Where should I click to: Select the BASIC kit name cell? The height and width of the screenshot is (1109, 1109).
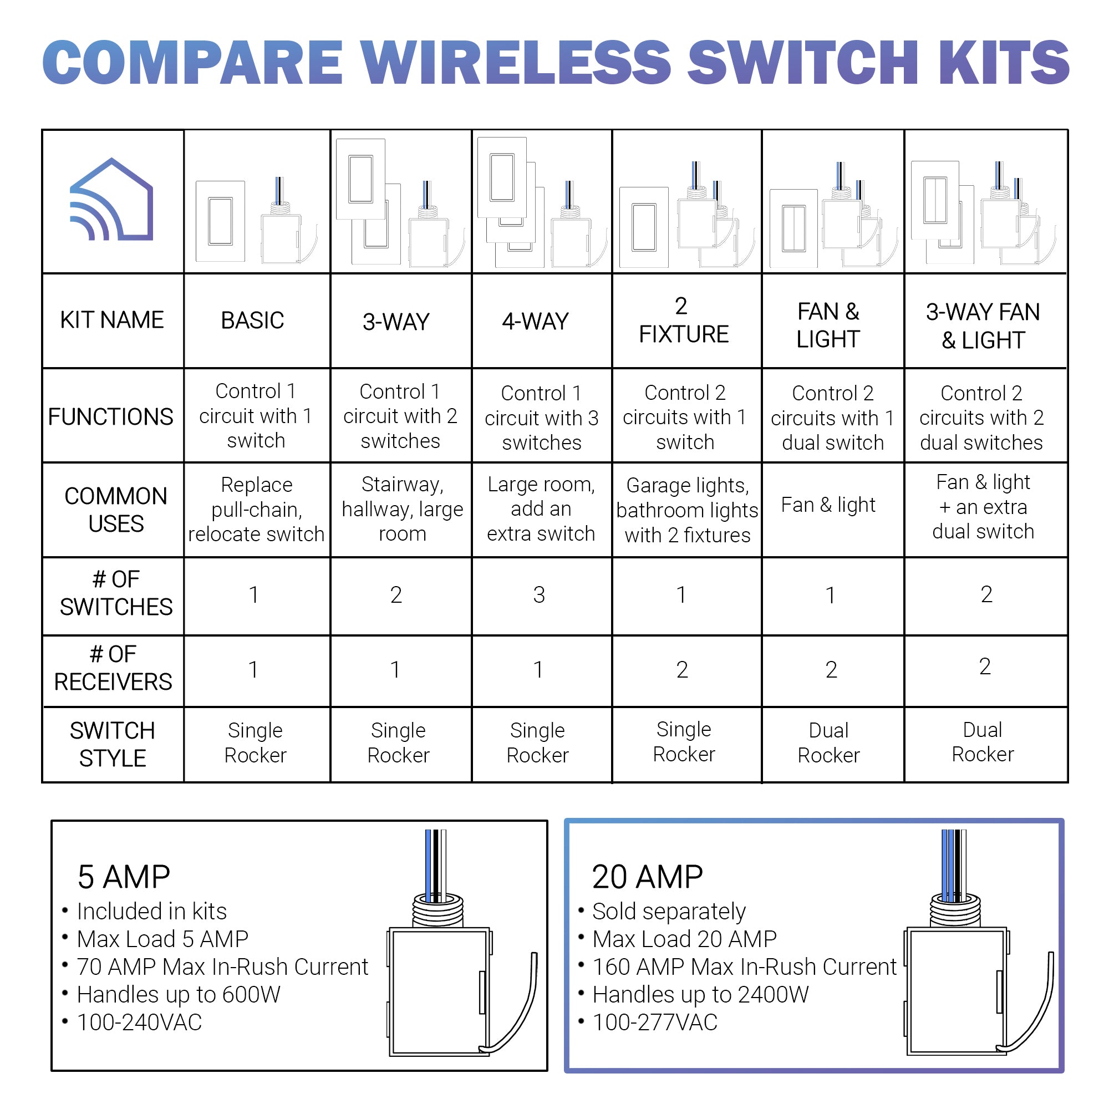[x=252, y=321]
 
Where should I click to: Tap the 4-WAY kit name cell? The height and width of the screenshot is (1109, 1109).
[x=535, y=322]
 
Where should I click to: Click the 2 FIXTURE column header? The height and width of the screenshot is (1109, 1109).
[x=683, y=321]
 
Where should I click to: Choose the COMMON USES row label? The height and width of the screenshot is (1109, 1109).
[x=115, y=510]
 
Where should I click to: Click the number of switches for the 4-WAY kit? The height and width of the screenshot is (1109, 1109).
[x=538, y=595]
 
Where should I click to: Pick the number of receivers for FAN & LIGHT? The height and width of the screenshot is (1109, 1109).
[x=831, y=670]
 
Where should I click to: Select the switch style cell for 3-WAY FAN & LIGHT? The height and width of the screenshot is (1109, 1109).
[x=982, y=742]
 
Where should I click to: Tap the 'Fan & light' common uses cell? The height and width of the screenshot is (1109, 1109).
[x=828, y=505]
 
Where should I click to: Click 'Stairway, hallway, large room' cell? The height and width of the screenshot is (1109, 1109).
[x=402, y=509]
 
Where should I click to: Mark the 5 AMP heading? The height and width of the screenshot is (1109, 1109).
[x=124, y=877]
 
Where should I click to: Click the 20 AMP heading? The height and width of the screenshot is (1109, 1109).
[x=647, y=877]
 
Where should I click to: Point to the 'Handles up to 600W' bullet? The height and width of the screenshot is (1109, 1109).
[x=178, y=995]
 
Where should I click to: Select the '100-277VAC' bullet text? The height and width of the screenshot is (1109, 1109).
[x=654, y=1022]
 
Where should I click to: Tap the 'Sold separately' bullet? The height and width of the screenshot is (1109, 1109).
[x=668, y=912]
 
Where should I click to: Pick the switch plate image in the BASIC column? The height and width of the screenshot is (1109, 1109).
[x=221, y=222]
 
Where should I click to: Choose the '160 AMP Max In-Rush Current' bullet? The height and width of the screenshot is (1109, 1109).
[x=744, y=967]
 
